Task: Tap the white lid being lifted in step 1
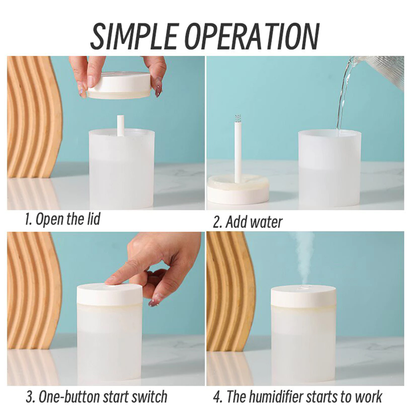pos(119,85)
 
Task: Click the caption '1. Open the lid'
pos(62,219)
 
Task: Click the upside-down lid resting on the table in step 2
pos(238,190)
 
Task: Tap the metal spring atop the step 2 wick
pos(238,118)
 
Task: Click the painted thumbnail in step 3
pos(155,300)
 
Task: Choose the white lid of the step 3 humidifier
pos(110,294)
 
